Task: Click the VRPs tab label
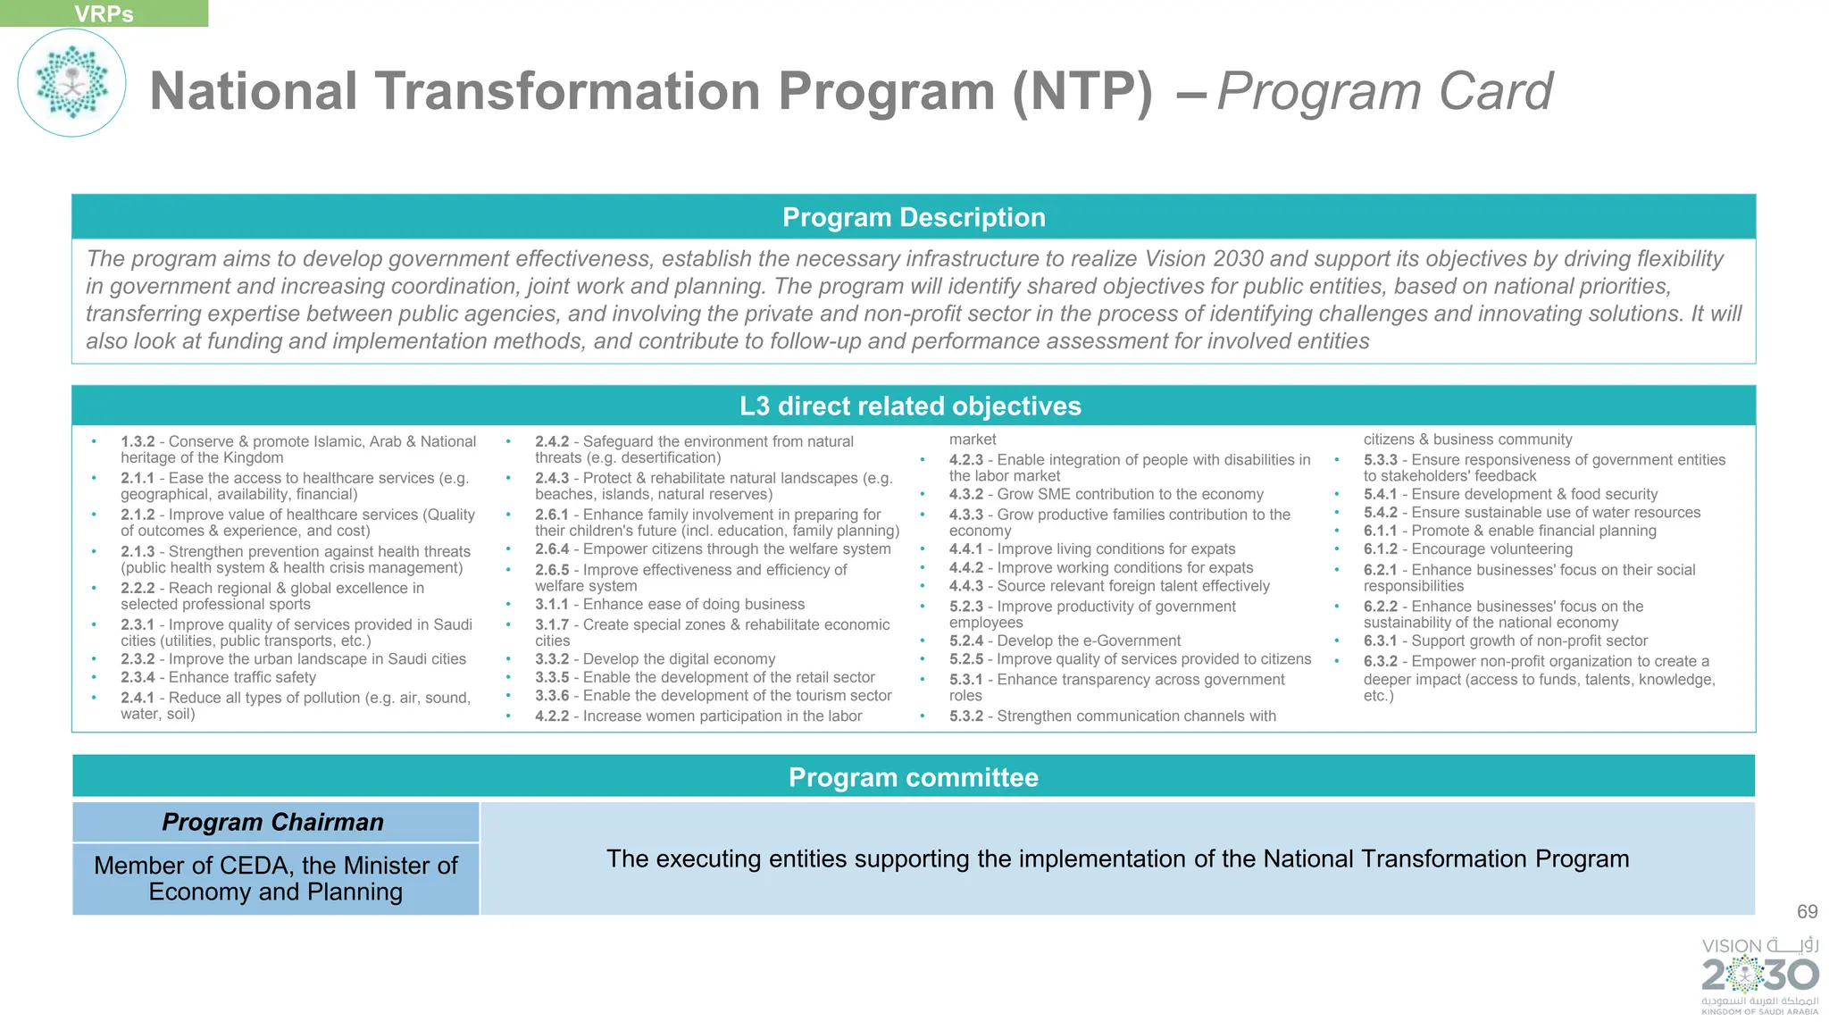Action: pos(104,13)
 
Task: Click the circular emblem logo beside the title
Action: pos(71,83)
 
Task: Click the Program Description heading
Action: pos(913,217)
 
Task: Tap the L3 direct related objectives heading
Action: pos(910,406)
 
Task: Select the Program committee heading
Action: pos(913,777)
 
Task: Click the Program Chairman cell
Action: pos(273,822)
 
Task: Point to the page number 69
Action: pos(1807,912)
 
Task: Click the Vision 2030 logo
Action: pos(1759,975)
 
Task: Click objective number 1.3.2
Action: pos(138,441)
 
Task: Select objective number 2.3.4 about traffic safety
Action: pos(138,677)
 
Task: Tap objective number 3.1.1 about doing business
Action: pos(551,605)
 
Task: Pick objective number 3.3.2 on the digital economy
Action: pos(551,659)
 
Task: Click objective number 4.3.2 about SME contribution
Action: pos(965,494)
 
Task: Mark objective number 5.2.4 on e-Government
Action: pos(965,641)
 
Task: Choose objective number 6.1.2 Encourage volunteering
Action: pos(1380,549)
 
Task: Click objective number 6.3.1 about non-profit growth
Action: pos(1380,641)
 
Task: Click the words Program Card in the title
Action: pos(1384,91)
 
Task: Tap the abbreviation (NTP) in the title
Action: pos(1082,91)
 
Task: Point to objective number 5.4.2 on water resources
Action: pos(1380,513)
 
